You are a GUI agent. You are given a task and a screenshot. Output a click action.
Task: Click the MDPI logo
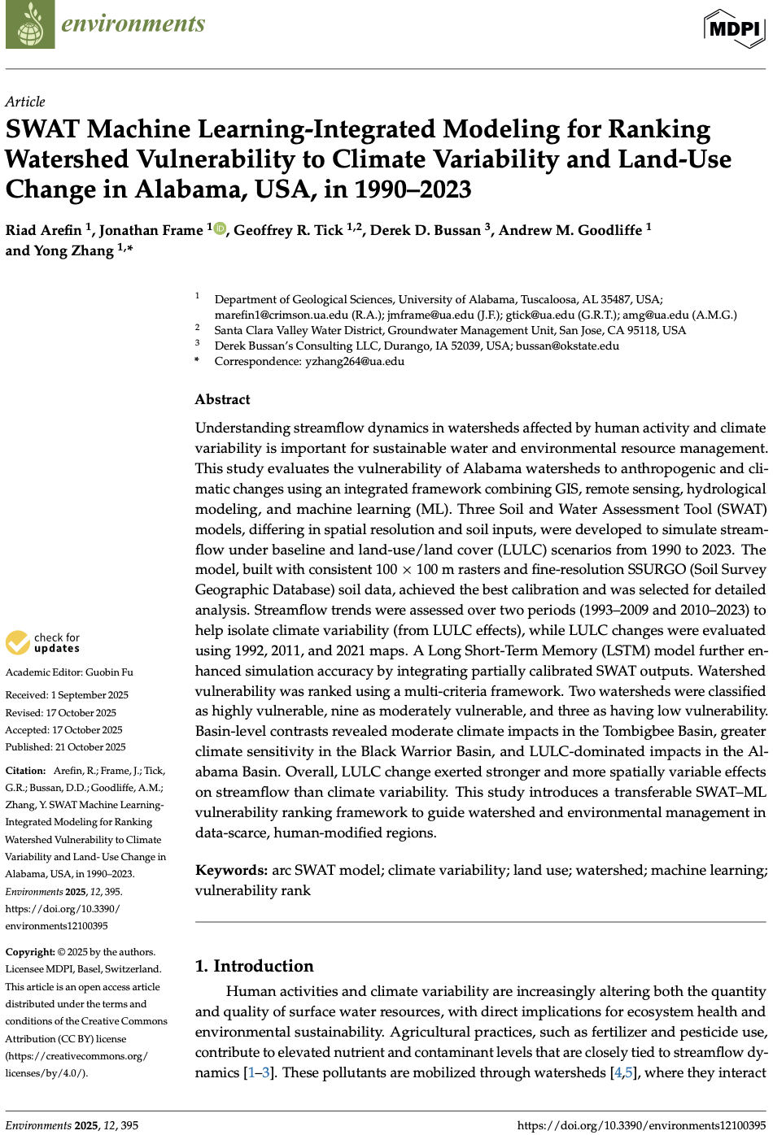[x=734, y=29]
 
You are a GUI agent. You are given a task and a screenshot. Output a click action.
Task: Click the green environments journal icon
[x=30, y=24]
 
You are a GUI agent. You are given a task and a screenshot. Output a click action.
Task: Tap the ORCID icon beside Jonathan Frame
[x=221, y=229]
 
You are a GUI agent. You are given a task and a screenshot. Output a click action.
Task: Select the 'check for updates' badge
[x=43, y=643]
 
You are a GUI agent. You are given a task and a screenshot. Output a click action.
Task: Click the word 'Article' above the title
[x=25, y=102]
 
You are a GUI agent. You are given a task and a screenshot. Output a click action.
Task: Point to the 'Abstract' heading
[x=222, y=399]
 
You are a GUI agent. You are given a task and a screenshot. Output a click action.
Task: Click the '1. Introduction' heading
[x=254, y=966]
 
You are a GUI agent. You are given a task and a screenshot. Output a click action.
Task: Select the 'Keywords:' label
[x=231, y=870]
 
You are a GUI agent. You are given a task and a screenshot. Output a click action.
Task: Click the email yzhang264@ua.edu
[x=354, y=361]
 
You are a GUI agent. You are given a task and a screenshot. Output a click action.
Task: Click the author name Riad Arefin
[x=43, y=230]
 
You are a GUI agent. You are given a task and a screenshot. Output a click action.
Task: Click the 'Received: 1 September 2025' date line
[x=67, y=695]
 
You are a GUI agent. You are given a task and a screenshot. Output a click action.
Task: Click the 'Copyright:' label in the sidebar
[x=30, y=952]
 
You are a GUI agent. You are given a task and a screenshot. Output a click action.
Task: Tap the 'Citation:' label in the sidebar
[x=25, y=771]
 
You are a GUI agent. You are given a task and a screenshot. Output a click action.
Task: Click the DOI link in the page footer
[x=641, y=1125]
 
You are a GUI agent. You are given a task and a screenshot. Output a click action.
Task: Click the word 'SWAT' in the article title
[x=42, y=130]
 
